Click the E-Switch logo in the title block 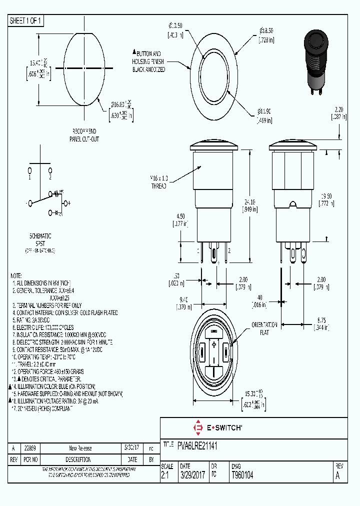217,428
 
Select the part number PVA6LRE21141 196,444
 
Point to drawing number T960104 242,476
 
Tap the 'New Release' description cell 80,448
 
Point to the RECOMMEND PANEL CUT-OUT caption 84,135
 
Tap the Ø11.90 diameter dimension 264,116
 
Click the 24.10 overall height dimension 263,205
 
